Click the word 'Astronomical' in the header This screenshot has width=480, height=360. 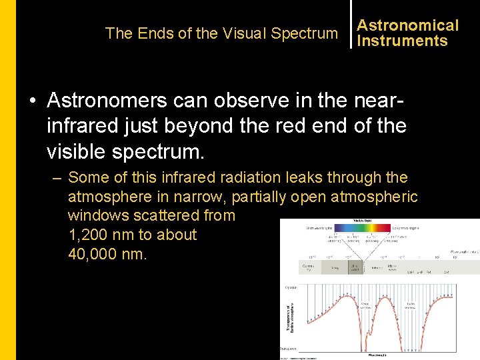(407, 25)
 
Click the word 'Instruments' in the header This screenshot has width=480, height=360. (402, 41)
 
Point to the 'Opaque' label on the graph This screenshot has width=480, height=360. (291, 287)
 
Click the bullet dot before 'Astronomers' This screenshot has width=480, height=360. (32, 101)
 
